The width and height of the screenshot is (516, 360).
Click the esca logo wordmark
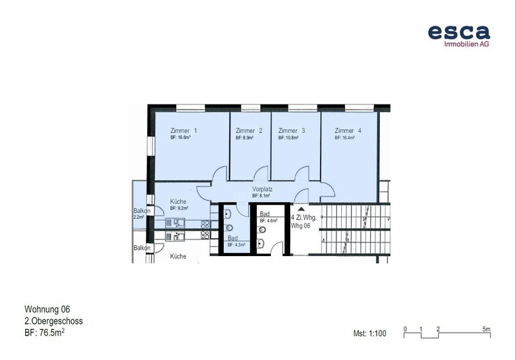point(459,32)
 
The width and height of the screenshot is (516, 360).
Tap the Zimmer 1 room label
point(183,130)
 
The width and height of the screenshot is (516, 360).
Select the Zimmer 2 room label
point(249,130)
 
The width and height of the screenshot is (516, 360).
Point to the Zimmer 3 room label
point(292,130)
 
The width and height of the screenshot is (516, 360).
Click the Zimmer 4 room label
point(348,130)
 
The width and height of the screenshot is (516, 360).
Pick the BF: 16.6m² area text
point(181,137)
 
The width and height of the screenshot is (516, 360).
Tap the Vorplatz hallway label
point(263,189)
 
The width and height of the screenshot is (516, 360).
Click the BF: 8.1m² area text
point(261,195)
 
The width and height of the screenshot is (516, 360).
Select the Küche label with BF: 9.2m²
point(178,201)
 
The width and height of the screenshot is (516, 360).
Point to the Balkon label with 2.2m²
point(142,210)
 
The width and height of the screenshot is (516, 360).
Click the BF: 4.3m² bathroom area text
point(237,245)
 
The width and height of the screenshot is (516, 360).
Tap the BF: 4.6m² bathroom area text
point(268,221)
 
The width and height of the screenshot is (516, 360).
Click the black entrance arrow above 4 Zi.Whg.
point(301,209)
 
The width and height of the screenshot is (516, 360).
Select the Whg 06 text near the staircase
point(300,226)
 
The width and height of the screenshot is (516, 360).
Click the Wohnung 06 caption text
point(47,309)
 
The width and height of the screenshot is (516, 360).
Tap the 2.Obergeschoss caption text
point(54,321)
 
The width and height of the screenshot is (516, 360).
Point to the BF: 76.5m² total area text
point(45,333)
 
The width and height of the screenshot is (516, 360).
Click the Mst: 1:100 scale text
point(370,334)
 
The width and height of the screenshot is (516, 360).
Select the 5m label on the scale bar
point(486,329)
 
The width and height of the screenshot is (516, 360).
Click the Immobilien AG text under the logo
point(466,44)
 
